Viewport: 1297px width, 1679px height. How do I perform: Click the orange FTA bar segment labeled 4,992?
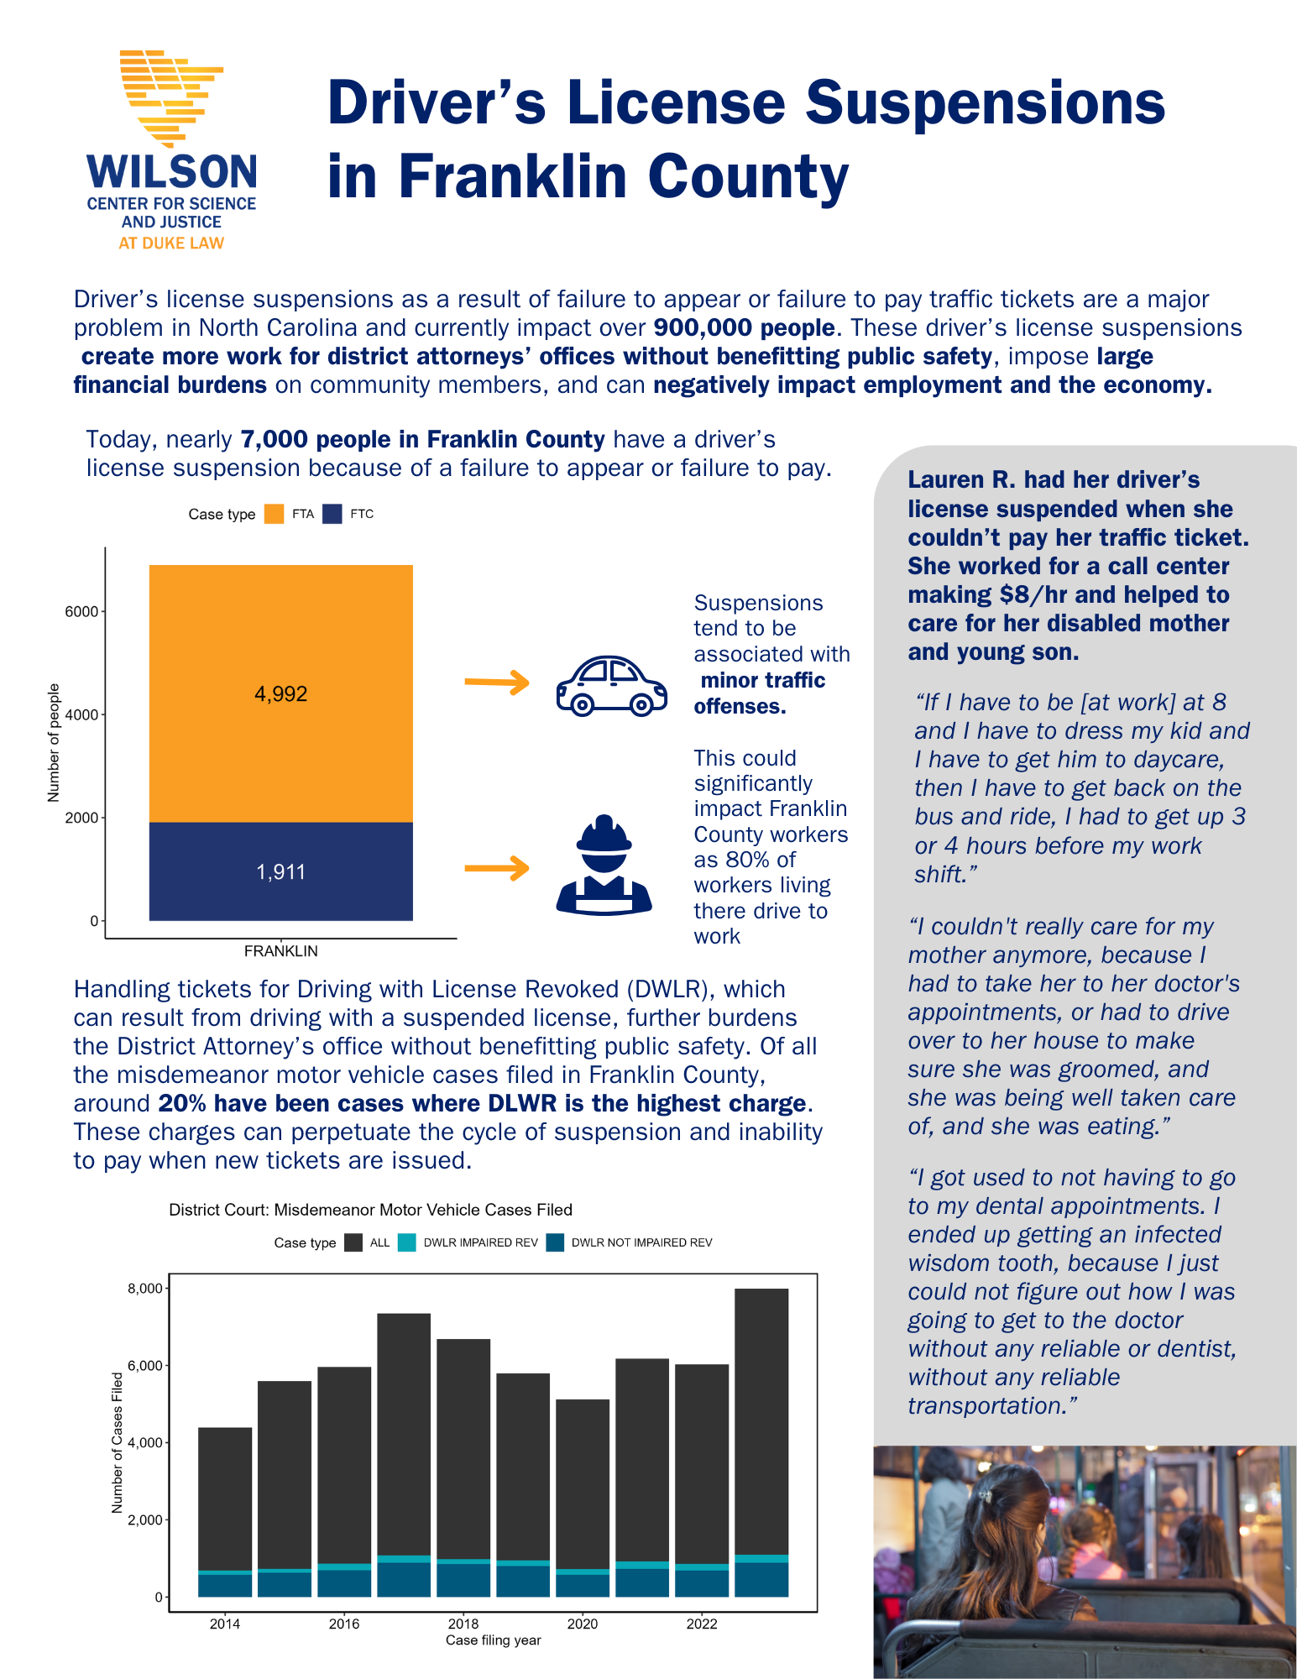[x=280, y=693]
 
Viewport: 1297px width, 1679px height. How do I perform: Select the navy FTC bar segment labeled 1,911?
[x=280, y=871]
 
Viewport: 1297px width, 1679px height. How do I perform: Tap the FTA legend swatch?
[x=274, y=514]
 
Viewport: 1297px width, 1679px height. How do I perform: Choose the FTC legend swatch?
[x=332, y=514]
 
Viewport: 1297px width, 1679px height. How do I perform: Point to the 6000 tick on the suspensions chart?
[x=82, y=611]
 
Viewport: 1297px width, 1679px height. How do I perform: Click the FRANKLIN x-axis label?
[x=280, y=951]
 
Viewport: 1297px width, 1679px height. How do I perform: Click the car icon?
[x=611, y=685]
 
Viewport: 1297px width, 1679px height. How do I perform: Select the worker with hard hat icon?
[x=604, y=865]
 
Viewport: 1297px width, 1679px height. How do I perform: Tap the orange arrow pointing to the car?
[x=497, y=682]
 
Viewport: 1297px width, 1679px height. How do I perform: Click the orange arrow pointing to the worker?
[x=497, y=867]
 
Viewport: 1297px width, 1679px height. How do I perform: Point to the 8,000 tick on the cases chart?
[x=144, y=1289]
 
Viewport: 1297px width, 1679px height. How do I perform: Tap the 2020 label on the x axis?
[x=582, y=1624]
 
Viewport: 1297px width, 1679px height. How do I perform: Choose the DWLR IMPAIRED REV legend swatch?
[x=407, y=1242]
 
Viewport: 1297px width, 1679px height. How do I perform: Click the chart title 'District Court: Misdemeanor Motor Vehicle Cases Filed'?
[x=370, y=1210]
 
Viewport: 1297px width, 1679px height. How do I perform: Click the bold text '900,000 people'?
[x=744, y=327]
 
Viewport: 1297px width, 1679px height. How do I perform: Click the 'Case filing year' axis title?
[x=493, y=1640]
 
